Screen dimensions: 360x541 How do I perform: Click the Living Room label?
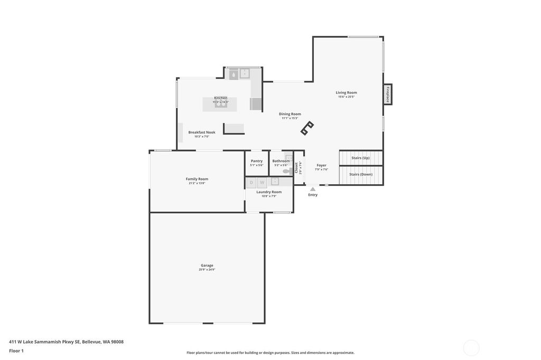click(x=346, y=92)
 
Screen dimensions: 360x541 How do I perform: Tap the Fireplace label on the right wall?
click(x=387, y=94)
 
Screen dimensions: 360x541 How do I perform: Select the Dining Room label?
click(x=290, y=114)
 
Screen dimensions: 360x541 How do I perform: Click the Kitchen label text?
click(x=220, y=98)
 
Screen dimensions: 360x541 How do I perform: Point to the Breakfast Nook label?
click(x=202, y=132)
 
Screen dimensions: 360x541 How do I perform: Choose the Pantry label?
click(x=257, y=161)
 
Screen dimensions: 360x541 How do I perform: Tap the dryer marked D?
click(x=251, y=183)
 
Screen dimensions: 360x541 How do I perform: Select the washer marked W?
click(x=262, y=183)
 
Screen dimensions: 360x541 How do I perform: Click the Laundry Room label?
click(x=269, y=192)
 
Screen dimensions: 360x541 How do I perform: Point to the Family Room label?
click(x=197, y=179)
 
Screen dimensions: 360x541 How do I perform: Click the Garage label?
click(x=207, y=266)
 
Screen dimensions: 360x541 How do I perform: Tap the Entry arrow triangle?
click(x=313, y=189)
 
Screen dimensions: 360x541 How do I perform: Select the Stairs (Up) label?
click(x=360, y=158)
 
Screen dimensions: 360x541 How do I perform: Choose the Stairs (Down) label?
click(x=360, y=174)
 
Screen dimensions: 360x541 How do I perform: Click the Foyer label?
click(x=321, y=165)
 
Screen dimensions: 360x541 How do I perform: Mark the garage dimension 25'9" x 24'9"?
click(x=207, y=270)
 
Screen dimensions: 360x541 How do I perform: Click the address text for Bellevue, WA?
click(x=66, y=342)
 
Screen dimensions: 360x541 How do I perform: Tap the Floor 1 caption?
click(x=16, y=350)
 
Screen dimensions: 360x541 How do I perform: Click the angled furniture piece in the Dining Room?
click(x=307, y=128)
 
